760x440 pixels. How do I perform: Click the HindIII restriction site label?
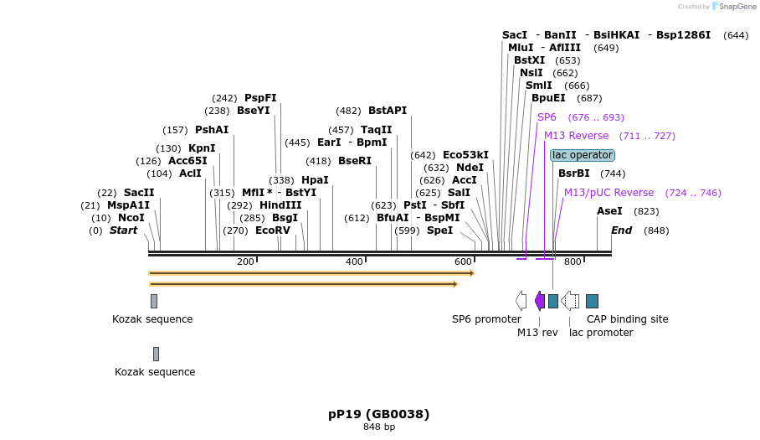pyautogui.click(x=280, y=205)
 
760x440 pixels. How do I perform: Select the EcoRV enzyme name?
pyautogui.click(x=272, y=230)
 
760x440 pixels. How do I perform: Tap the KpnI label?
pyautogui.click(x=202, y=148)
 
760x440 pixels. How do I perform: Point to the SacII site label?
pyautogui.click(x=139, y=193)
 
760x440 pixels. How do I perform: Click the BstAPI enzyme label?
pyautogui.click(x=388, y=111)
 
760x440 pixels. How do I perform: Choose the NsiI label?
pyautogui.click(x=531, y=73)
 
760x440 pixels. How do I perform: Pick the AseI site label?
pyautogui.click(x=609, y=211)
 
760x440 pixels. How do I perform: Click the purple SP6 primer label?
pyautogui.click(x=547, y=117)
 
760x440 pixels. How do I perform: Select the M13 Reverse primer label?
pyautogui.click(x=577, y=136)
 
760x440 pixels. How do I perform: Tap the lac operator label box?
pyautogui.click(x=583, y=155)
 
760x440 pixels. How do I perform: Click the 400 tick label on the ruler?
pyautogui.click(x=354, y=262)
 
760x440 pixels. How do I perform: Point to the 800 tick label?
pyautogui.click(x=573, y=262)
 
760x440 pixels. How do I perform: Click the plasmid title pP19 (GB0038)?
pyautogui.click(x=378, y=414)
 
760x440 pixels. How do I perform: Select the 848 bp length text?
pyautogui.click(x=379, y=427)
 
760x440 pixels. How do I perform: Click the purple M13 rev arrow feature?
pyautogui.click(x=540, y=301)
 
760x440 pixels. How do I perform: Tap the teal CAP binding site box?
pyautogui.click(x=592, y=301)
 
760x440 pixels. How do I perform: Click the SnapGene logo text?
pyautogui.click(x=737, y=7)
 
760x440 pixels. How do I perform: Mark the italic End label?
pyautogui.click(x=621, y=230)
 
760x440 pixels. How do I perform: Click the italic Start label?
pyautogui.click(x=123, y=230)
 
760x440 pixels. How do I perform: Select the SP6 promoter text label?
pyautogui.click(x=486, y=319)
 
